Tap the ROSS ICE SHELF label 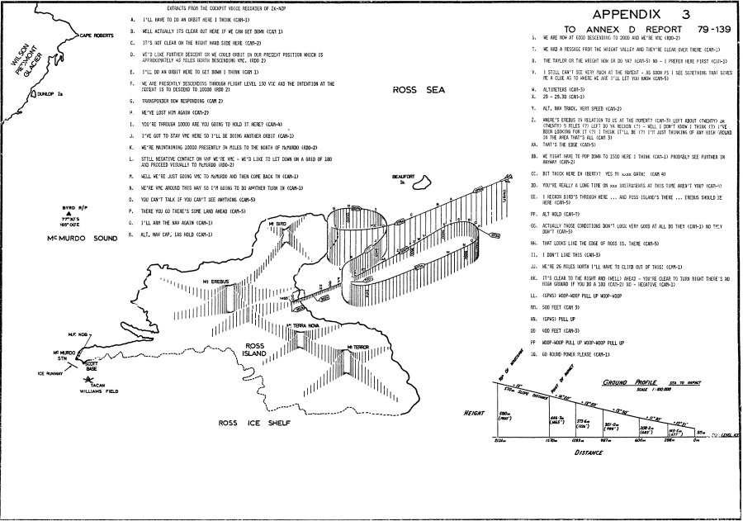coord(251,424)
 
